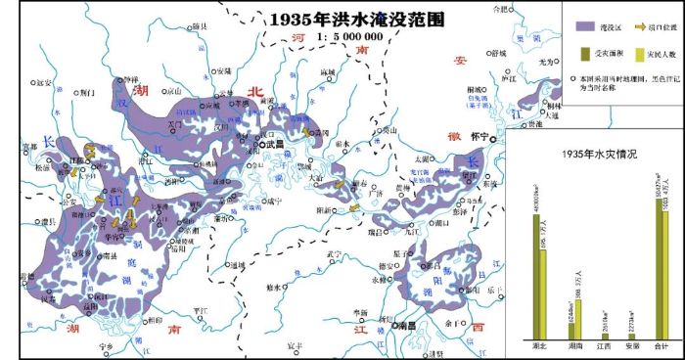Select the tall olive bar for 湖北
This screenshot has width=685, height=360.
click(536, 275)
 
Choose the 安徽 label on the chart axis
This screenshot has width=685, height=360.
click(633, 345)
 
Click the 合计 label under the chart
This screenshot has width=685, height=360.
click(662, 345)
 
